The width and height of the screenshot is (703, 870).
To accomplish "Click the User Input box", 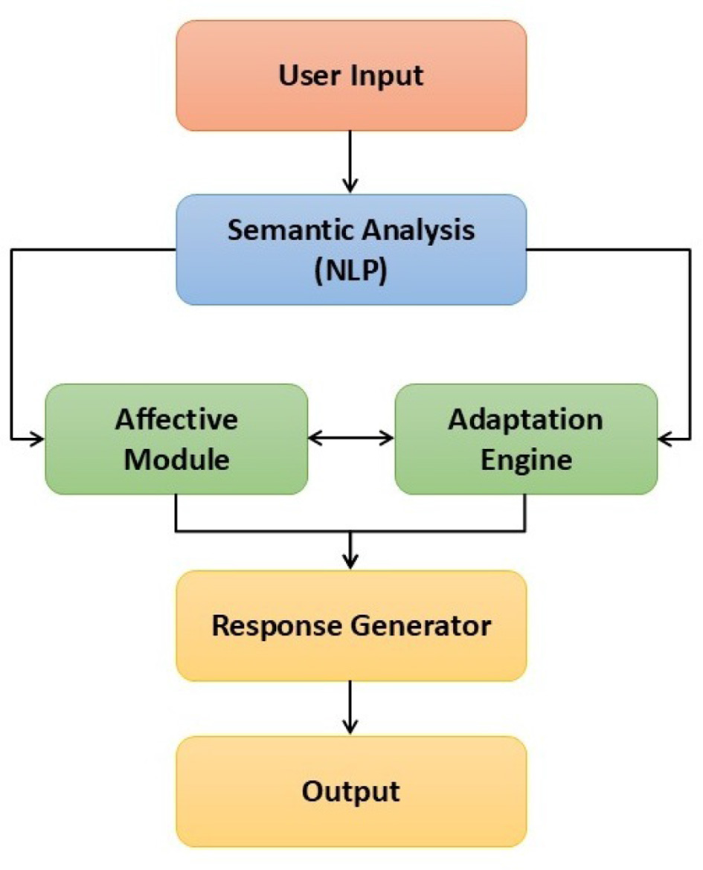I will pos(351,76).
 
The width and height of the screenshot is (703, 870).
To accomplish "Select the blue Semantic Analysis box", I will pos(351,250).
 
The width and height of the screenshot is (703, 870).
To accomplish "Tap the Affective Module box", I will pos(176,439).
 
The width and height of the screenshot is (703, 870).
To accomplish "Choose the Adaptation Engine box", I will pos(526,439).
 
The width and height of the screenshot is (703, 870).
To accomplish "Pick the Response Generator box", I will pos(351,625).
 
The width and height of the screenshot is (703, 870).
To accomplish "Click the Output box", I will pos(351,790).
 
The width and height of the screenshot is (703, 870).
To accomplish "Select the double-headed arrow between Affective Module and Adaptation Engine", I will pos(351,439).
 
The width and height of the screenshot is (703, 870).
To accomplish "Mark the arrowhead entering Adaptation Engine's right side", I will pos(665,439).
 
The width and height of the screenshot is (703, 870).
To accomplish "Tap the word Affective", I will pos(176,419).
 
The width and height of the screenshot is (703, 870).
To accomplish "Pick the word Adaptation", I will pos(526,419).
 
